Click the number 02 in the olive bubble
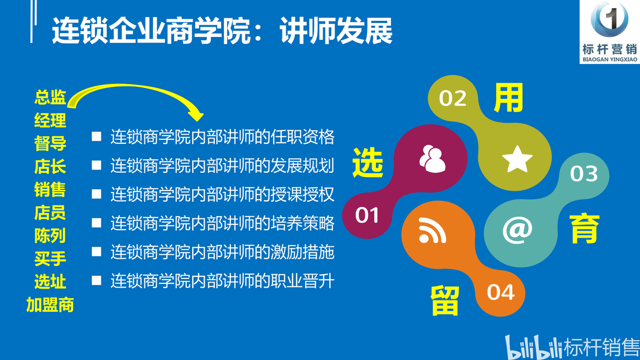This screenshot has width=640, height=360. coord(452,98)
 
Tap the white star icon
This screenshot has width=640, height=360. coord(517,159)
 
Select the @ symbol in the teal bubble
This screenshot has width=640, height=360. coord(517,230)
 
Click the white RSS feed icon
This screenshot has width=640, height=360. coord(432,230)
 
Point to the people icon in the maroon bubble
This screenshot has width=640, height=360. coord(432,159)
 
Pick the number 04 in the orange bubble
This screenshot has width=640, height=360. coord(500,292)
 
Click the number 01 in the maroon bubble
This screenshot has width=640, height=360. coord(367,215)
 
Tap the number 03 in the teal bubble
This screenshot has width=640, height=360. coord(584,174)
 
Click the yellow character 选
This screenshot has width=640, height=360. coord(368,163)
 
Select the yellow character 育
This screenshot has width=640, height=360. coord(585,229)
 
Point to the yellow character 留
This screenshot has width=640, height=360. coord(445,300)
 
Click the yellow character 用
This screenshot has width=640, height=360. coord(508,98)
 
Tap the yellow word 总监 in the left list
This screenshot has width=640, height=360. coord(50,97)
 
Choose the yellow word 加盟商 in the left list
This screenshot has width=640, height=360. coord(50,305)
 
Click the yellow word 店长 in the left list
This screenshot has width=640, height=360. coord(50,166)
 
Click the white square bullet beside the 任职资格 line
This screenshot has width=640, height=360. coord(96,136)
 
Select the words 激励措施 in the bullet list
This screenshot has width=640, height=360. coord(302,252)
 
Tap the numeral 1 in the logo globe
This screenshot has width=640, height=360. coord(610,18)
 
